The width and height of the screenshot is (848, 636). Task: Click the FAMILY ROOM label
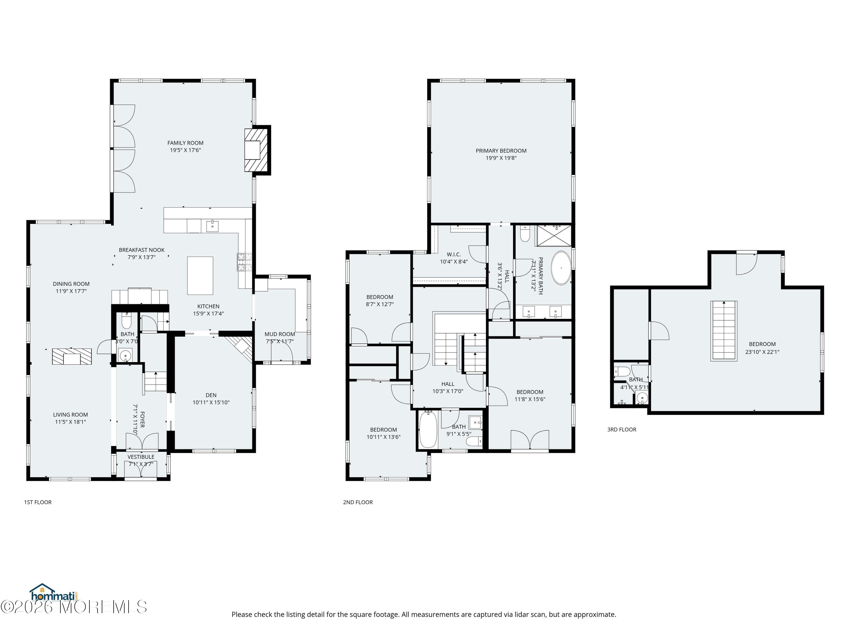coord(185,143)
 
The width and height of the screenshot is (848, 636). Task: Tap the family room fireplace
coord(256,150)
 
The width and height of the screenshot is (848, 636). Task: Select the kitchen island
coord(200,275)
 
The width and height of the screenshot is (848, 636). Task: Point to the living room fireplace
coord(72,356)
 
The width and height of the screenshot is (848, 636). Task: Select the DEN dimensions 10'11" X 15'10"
coord(211,402)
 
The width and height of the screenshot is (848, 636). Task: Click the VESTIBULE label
coord(141,457)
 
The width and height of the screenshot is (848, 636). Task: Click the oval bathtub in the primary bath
coord(561,268)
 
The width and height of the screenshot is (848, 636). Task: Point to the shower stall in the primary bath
coord(553,235)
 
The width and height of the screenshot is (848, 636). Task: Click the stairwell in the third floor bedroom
coord(724,330)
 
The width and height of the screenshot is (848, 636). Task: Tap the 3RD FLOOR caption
coord(621,429)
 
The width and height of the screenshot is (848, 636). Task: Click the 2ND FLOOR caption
coord(358,502)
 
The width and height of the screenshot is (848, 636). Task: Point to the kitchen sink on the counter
coord(212,226)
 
